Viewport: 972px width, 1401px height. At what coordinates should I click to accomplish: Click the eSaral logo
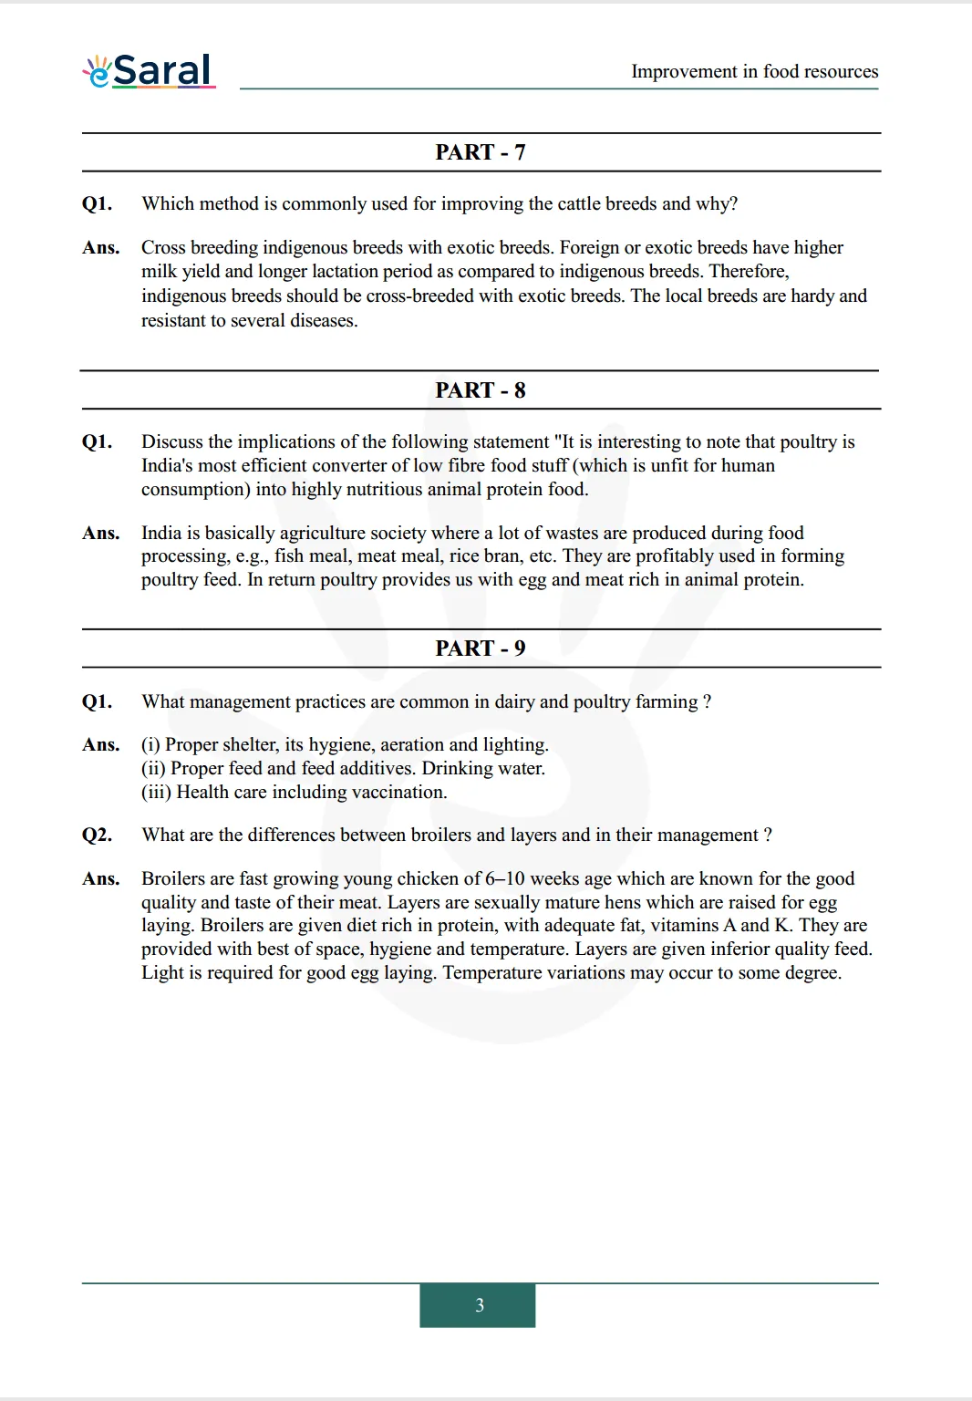click(149, 70)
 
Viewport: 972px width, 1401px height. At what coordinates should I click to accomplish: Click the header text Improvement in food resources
click(754, 71)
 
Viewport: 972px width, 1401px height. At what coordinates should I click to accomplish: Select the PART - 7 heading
click(481, 152)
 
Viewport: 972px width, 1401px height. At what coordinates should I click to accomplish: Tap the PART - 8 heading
click(481, 390)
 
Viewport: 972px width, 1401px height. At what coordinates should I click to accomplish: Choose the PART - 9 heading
click(481, 649)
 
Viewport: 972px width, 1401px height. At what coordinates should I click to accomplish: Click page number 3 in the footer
click(479, 1305)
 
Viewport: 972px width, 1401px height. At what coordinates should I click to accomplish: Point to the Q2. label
click(97, 835)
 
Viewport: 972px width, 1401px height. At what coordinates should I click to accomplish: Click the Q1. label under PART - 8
click(97, 442)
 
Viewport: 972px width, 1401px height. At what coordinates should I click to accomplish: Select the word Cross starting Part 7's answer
click(163, 248)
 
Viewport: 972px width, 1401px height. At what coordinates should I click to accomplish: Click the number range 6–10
click(504, 879)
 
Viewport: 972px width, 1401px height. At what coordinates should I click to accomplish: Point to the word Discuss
click(172, 442)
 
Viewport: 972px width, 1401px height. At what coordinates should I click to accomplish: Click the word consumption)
click(195, 490)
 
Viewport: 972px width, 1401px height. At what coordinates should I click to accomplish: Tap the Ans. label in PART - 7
click(100, 248)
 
